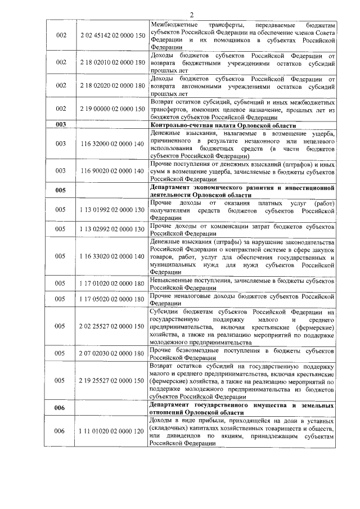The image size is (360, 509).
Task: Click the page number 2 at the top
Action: (x=191, y=15)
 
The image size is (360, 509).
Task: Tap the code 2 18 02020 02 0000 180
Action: (x=112, y=85)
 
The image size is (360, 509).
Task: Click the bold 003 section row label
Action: (x=61, y=125)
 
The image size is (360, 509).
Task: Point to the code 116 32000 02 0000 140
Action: (x=112, y=144)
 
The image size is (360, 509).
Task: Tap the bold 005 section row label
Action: (x=61, y=190)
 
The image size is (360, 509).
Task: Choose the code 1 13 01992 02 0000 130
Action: (x=112, y=210)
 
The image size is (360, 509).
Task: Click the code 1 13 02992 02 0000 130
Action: (x=112, y=229)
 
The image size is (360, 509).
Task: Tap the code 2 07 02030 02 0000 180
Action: (x=112, y=353)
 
